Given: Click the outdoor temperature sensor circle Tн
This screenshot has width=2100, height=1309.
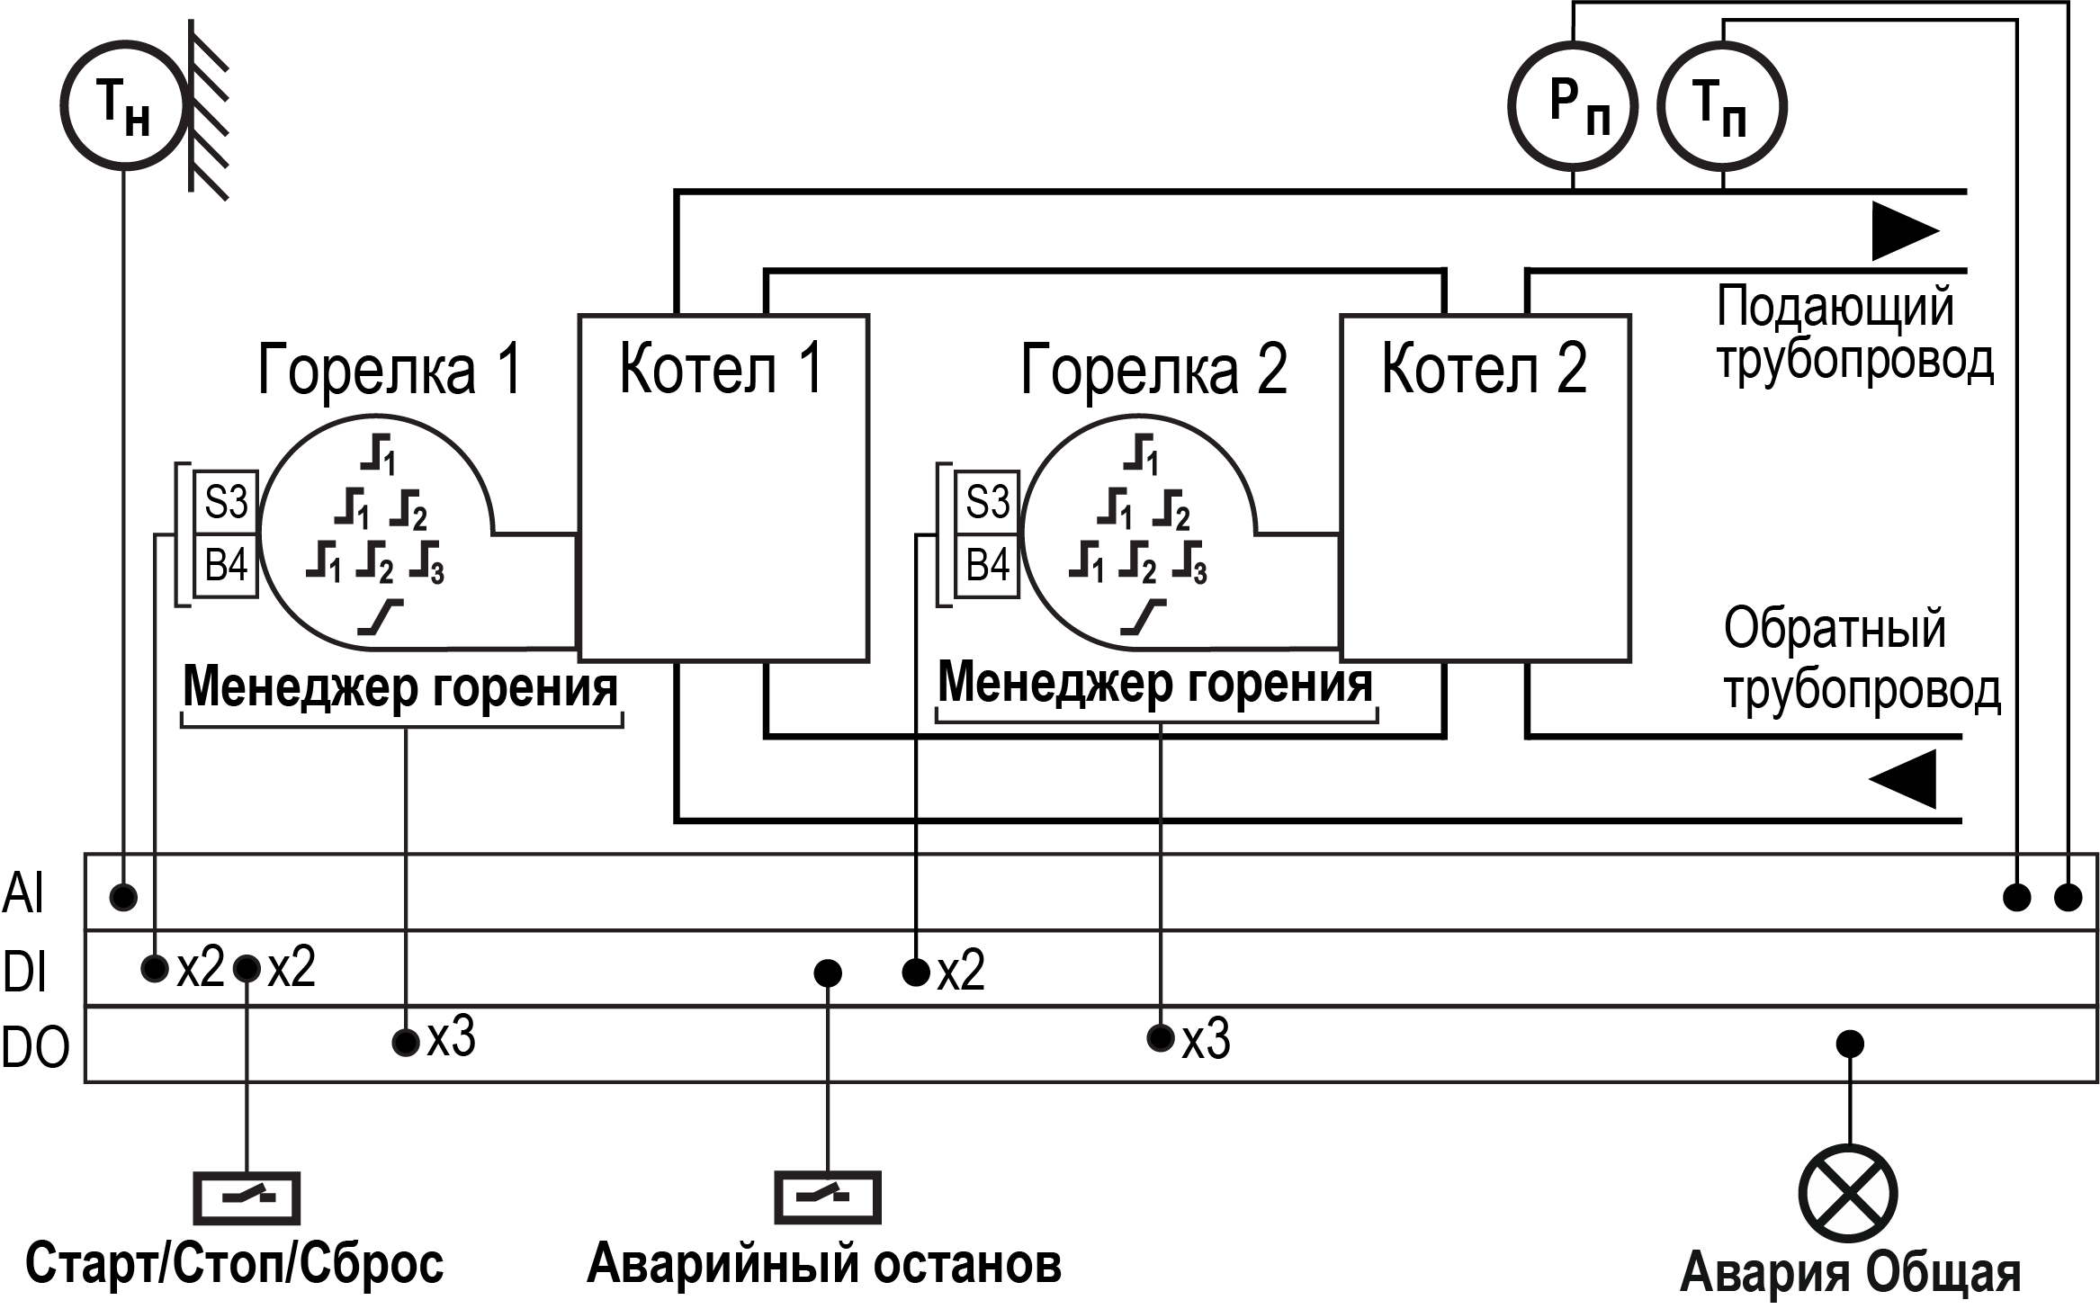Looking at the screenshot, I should point(123,106).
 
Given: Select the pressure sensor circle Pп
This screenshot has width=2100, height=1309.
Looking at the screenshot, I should point(1572,106).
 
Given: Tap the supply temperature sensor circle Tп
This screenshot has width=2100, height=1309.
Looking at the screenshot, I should point(1721,106).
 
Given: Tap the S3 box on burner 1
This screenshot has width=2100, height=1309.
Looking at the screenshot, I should point(226,502).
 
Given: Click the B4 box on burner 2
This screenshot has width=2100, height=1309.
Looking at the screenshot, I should point(987,566).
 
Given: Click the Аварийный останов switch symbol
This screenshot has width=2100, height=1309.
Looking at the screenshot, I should point(828,1197).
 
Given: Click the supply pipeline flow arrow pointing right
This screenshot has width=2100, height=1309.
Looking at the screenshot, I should point(1904,231).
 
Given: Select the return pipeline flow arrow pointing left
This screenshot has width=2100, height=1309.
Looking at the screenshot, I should point(1902,779).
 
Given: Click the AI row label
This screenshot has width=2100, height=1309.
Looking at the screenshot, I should point(23,894).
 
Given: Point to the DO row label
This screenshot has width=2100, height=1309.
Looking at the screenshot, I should point(35,1049).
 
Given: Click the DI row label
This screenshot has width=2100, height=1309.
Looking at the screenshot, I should point(25,973).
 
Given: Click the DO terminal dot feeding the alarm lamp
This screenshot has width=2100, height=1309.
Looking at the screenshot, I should point(1849,1044).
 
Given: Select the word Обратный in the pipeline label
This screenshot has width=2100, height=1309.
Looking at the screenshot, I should point(1835,629).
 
